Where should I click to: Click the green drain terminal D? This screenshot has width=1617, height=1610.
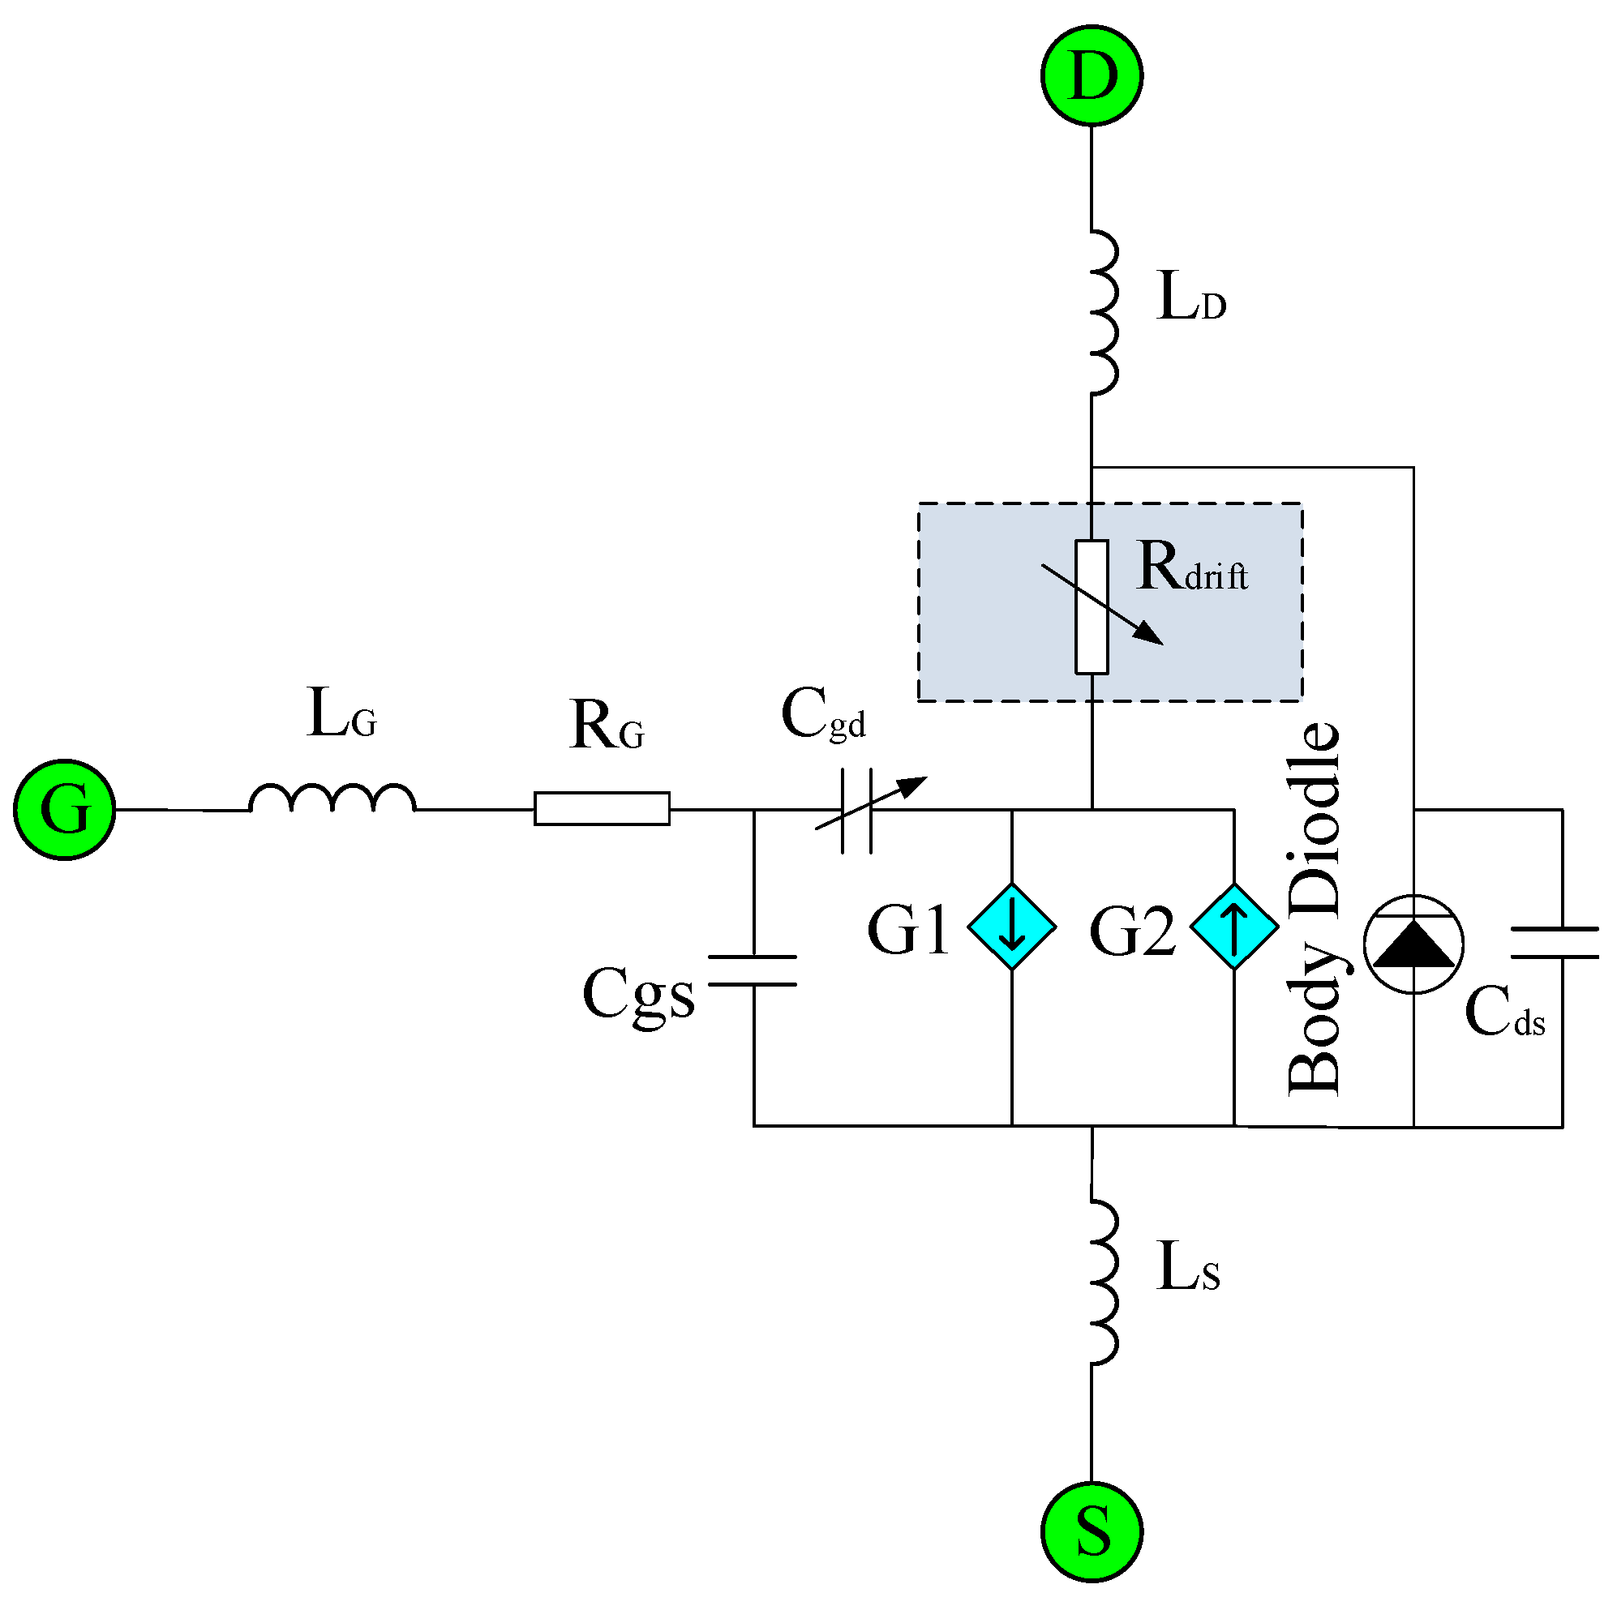point(1092,76)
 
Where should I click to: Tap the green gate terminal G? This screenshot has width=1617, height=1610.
point(64,809)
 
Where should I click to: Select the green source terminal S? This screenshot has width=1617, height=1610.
point(1092,1532)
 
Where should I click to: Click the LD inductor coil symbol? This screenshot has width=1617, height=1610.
point(1103,311)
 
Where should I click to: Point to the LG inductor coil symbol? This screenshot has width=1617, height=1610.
point(332,799)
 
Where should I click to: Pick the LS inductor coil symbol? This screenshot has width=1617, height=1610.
point(1103,1282)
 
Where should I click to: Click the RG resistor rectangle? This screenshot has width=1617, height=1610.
point(602,808)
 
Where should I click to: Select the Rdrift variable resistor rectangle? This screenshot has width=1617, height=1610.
point(1092,606)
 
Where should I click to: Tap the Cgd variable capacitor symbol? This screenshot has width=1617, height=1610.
point(857,810)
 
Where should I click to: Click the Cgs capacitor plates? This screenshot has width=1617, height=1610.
point(753,970)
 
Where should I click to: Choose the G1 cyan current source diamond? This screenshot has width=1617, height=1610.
point(1012,927)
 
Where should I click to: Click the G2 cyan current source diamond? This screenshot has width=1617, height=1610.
point(1234,927)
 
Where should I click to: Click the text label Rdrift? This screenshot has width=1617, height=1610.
point(1192,569)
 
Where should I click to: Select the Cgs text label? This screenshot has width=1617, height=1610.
point(638,994)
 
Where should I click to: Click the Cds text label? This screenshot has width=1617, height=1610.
point(1504,1013)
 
